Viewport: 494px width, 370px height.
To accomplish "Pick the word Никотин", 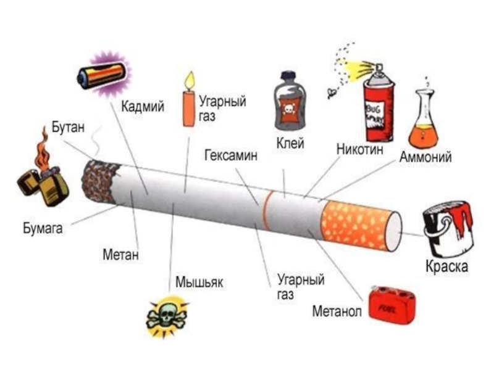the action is coord(360,149).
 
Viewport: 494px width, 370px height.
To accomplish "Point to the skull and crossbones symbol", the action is coord(165,316).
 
